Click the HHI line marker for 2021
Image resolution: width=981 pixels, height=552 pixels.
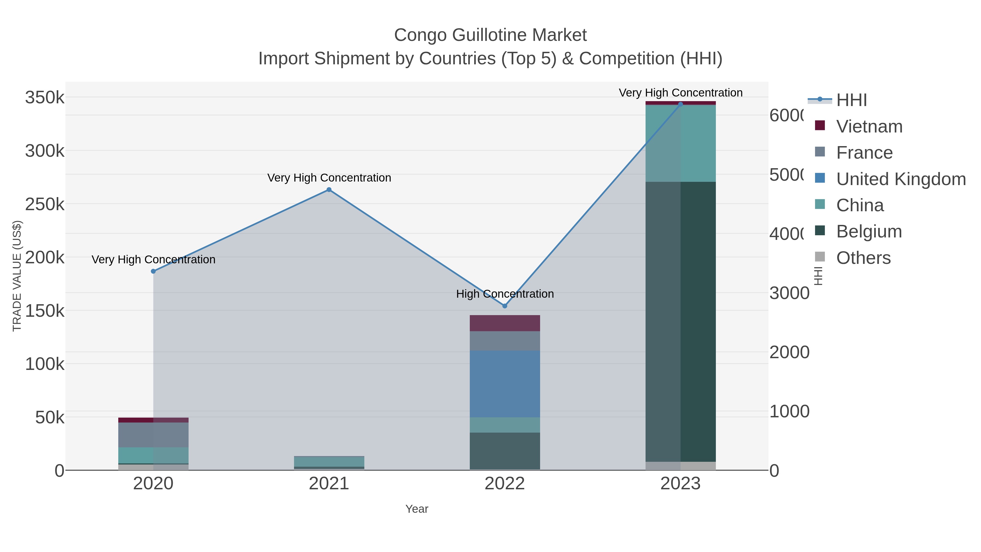pyautogui.click(x=329, y=190)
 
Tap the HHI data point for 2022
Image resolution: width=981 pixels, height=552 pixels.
pyautogui.click(x=505, y=306)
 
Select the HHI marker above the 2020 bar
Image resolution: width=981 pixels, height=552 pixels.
pyautogui.click(x=153, y=271)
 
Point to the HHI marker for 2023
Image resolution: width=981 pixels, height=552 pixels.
pyautogui.click(x=680, y=104)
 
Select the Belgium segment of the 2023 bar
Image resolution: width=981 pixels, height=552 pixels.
pyautogui.click(x=680, y=322)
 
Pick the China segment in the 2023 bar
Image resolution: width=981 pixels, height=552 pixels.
pyautogui.click(x=680, y=143)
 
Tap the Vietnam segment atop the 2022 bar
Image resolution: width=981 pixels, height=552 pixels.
pyautogui.click(x=505, y=323)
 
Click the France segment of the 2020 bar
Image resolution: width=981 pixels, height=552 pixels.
pyautogui.click(x=153, y=435)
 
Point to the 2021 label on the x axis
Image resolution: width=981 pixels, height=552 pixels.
pyautogui.click(x=329, y=484)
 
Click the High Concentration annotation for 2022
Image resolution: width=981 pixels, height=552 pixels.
pyautogui.click(x=505, y=294)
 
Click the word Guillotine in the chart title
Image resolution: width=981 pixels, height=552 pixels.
pyautogui.click(x=490, y=35)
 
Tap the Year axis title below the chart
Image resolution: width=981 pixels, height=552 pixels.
pyautogui.click(x=417, y=509)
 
